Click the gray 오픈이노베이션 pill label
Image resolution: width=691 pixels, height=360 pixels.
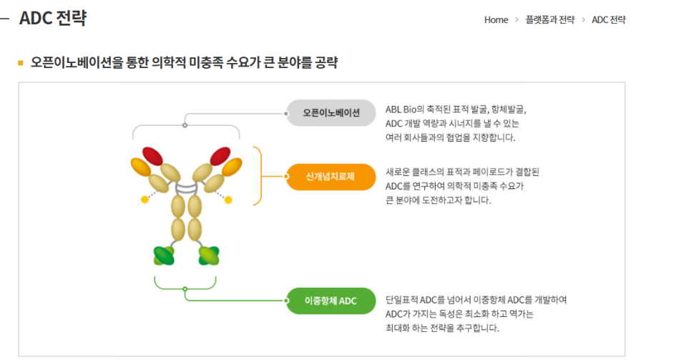(331, 113)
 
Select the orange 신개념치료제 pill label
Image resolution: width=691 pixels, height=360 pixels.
(331, 177)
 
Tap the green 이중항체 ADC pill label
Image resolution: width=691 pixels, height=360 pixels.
(331, 301)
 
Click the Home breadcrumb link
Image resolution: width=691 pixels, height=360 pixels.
(496, 20)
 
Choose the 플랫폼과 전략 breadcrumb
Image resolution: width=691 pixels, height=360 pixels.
(550, 20)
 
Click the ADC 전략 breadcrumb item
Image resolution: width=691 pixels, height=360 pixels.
(609, 20)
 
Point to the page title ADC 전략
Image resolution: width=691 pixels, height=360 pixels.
(53, 18)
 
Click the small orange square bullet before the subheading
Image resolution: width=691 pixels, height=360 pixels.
(20, 63)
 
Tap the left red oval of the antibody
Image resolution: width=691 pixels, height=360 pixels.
(152, 156)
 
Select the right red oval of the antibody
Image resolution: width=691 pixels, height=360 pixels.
(220, 156)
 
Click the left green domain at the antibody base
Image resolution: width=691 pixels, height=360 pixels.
(164, 256)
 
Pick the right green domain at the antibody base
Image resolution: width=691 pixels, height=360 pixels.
(209, 256)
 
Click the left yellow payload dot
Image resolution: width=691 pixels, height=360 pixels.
(144, 200)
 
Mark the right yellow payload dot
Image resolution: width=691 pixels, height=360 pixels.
(228, 200)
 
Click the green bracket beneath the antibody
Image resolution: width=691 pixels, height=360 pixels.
(185, 289)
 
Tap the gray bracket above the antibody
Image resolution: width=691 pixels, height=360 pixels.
(185, 125)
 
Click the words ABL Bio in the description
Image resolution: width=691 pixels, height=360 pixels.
(401, 110)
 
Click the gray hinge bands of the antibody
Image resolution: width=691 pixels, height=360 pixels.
(187, 188)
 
